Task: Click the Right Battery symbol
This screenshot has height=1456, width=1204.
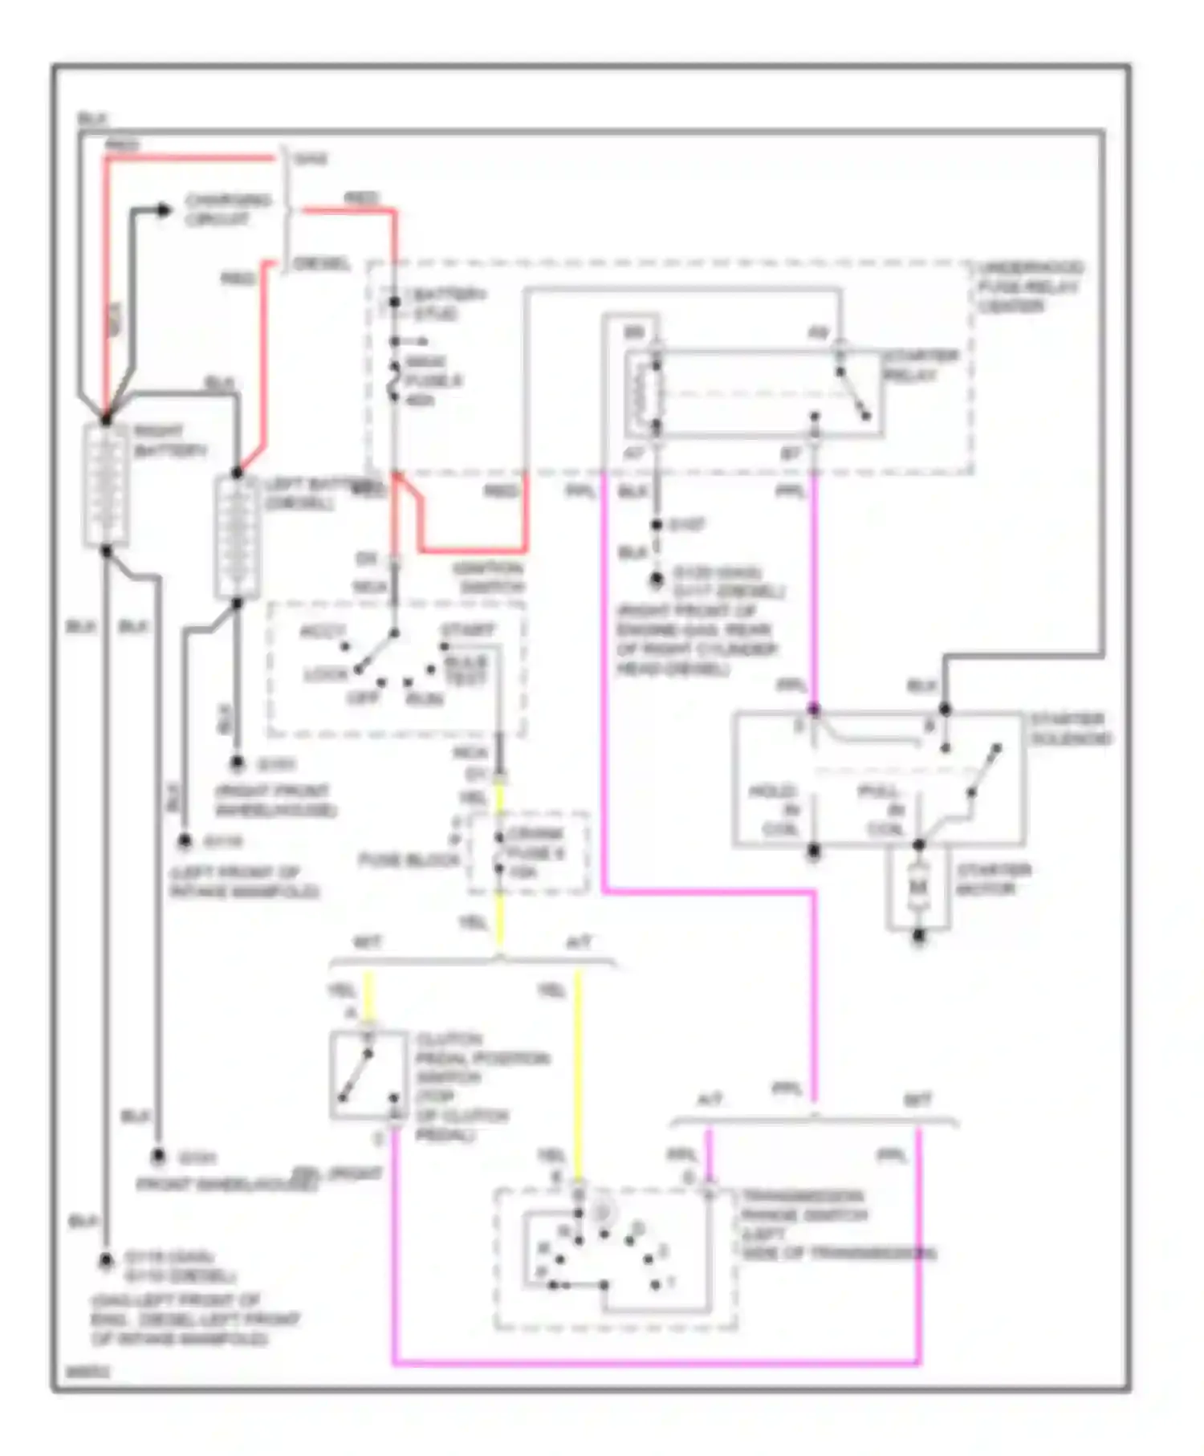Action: click(x=106, y=485)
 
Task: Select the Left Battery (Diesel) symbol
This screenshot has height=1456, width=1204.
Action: click(x=236, y=536)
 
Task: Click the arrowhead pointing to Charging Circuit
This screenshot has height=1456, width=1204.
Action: click(x=165, y=210)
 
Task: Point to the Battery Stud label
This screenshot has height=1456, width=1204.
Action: click(x=446, y=304)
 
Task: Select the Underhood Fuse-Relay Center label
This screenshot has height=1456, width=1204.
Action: click(x=1030, y=287)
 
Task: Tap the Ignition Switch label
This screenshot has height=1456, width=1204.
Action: click(x=488, y=578)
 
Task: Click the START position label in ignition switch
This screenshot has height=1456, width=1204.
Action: click(x=467, y=630)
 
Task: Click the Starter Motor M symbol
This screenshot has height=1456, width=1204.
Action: click(x=918, y=887)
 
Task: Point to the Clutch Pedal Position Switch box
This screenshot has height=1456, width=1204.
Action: click(x=368, y=1075)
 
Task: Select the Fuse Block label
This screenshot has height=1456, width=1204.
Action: click(x=409, y=860)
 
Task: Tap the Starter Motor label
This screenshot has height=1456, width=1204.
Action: click(x=993, y=879)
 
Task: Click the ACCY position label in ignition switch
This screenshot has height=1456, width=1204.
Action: click(x=323, y=632)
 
